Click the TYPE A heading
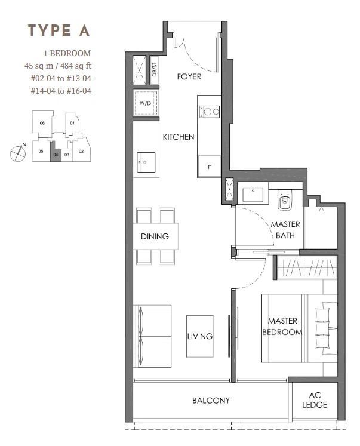coord(59,30)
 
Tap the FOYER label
coord(189,76)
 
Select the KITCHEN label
coord(179,137)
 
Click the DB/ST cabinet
coord(154,70)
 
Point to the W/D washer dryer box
coord(146,103)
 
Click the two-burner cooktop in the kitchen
coord(210,112)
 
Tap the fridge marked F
coord(210,167)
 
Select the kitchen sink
coord(146,162)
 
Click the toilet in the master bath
coord(285,201)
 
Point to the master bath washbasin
coord(253,195)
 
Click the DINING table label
coord(155,236)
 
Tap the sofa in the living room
coord(152,336)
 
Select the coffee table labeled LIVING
coord(200,336)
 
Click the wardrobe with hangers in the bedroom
coord(307,267)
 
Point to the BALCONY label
coord(211,401)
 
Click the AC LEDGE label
coord(315,400)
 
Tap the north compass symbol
coord(18,153)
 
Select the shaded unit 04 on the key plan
coord(56,152)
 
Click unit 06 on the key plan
coord(42,122)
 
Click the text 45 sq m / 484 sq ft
coord(58,66)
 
